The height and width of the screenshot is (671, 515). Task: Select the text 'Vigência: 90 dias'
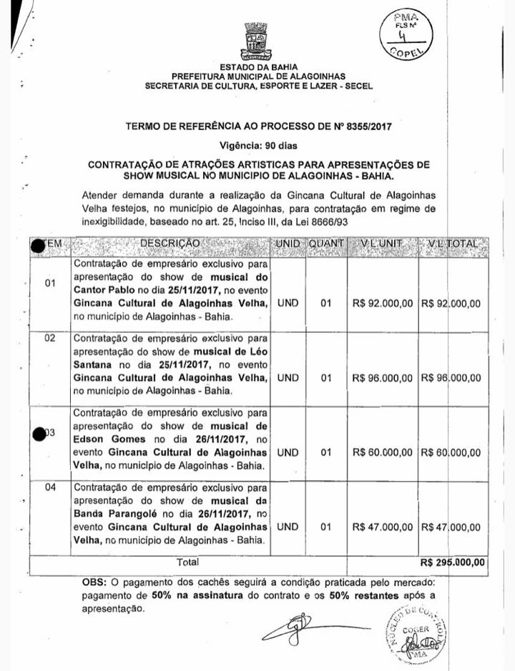[258, 145]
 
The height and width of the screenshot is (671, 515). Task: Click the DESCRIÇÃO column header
[170, 244]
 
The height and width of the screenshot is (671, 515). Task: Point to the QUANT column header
[326, 244]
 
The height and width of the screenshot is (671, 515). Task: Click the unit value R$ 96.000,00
[383, 377]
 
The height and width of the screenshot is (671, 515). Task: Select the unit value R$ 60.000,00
[383, 452]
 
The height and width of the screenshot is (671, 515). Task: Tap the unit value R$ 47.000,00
[383, 527]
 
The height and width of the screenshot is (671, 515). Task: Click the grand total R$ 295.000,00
[453, 562]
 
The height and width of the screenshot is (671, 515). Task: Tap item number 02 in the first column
[50, 337]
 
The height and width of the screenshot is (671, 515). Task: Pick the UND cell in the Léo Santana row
[288, 377]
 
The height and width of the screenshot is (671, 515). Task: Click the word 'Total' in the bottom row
[188, 562]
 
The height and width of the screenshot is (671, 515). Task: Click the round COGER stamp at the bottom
[416, 633]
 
